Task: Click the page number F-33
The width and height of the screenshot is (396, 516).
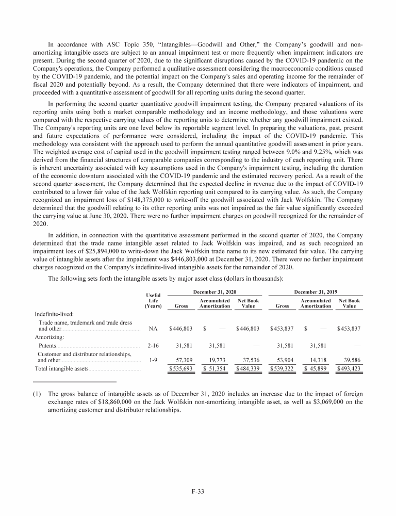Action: pos(198,492)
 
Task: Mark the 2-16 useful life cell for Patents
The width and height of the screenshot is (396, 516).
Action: pos(153,344)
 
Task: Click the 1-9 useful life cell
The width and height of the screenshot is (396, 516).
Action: pos(153,360)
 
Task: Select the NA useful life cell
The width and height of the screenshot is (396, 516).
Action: pos(153,328)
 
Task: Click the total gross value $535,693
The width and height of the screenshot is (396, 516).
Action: pos(181,369)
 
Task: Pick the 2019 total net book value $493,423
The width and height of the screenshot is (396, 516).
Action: pos(349,369)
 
